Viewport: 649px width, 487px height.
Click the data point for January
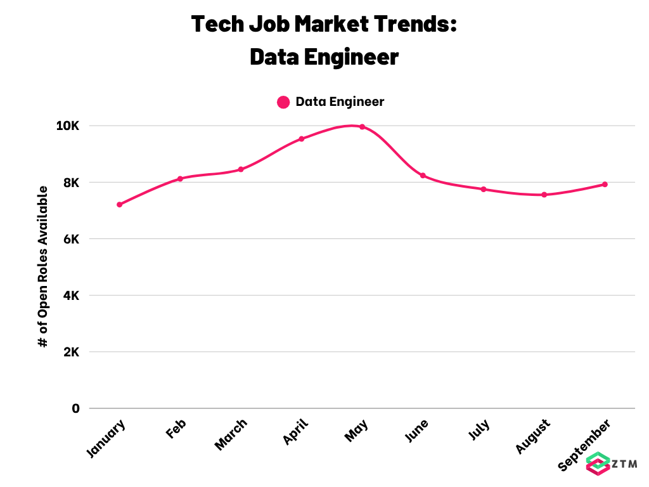click(120, 205)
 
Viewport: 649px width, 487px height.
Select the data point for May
click(362, 127)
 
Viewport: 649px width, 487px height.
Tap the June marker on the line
click(423, 176)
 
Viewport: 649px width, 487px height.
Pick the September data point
click(605, 185)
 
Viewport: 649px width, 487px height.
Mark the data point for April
click(301, 139)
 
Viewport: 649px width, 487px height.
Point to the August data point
click(544, 195)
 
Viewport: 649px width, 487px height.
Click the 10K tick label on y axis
click(67, 126)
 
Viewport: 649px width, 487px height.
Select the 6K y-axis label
click(71, 239)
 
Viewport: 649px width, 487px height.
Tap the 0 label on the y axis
click(75, 409)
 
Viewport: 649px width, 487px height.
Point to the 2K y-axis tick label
click(71, 352)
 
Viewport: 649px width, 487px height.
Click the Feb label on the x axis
click(176, 429)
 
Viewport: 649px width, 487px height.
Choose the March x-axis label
click(231, 434)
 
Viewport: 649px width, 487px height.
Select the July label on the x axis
click(479, 429)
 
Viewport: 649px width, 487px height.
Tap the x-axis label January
click(106, 439)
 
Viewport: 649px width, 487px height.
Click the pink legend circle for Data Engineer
click(283, 102)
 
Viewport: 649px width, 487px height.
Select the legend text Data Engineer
click(340, 102)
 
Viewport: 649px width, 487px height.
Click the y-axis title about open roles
click(43, 267)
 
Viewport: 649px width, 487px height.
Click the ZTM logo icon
click(598, 464)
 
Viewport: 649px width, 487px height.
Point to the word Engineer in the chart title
click(351, 57)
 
